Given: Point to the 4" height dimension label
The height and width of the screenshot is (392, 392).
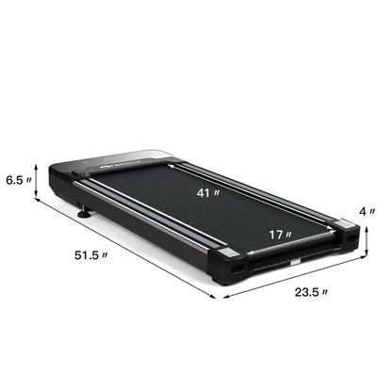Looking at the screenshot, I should pos(375,211).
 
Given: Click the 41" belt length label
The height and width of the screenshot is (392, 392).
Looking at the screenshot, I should pos(210,194).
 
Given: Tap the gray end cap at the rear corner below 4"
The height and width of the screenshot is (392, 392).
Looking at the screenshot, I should pos(345,227).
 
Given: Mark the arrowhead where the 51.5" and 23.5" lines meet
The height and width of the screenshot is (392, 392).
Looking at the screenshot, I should pos(223,297).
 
